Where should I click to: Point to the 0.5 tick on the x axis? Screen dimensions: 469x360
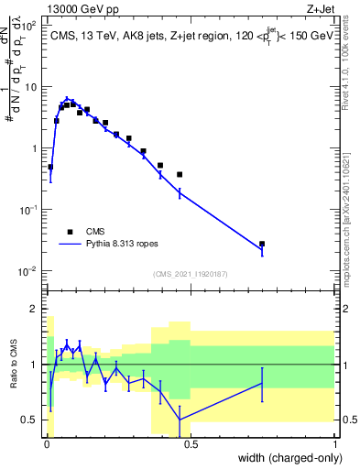coord(191,442)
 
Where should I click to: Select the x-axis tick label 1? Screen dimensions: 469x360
coord(334,442)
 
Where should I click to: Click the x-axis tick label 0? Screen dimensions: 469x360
coord(46,442)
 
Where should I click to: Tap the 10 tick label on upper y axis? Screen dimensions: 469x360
coord(29,87)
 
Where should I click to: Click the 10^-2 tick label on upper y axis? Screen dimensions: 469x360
coord(27,271)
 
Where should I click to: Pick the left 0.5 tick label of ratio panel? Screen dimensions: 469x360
coord(30,420)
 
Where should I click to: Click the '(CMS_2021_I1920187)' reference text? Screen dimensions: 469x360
coord(190,274)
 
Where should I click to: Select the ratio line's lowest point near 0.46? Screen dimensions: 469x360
coord(180,420)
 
